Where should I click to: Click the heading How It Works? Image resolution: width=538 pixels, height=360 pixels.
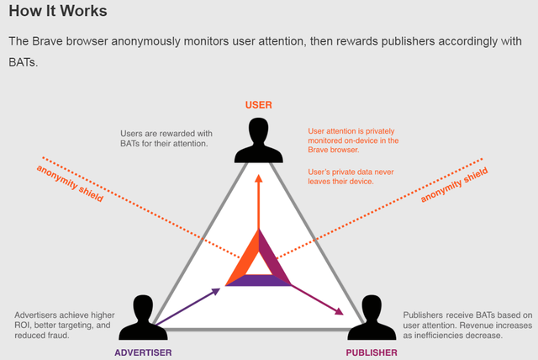tap(58, 13)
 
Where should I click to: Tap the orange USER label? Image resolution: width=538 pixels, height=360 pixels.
tap(258, 105)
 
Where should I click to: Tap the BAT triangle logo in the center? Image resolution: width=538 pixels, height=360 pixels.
tap(258, 261)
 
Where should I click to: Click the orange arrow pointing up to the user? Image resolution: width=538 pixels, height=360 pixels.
tap(258, 202)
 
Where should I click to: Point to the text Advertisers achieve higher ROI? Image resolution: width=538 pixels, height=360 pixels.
tap(64, 324)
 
